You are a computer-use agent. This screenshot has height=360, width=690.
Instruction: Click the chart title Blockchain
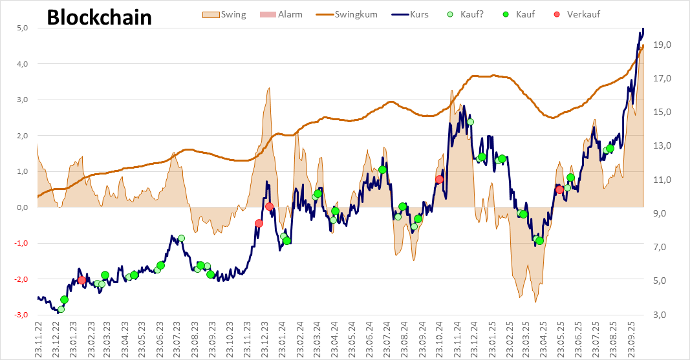100,17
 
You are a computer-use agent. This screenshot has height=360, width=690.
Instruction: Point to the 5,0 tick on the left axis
22,28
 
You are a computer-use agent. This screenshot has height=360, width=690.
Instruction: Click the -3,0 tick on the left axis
21,315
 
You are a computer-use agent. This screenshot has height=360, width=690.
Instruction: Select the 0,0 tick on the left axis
22,207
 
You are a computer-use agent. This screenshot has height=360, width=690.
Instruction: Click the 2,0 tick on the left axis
22,136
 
